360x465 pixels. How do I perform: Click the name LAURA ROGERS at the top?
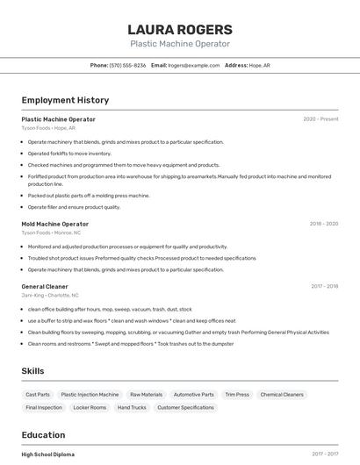click(180, 30)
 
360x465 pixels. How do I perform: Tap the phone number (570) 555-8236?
click(128, 65)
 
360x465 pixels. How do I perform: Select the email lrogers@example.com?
click(193, 65)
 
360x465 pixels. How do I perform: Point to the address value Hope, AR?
click(260, 65)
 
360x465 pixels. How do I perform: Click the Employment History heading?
click(65, 100)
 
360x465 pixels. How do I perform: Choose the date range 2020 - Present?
click(320, 119)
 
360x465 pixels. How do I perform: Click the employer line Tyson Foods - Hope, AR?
click(48, 128)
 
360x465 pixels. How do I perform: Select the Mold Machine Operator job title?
click(54, 224)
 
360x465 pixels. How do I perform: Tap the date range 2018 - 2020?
click(323, 224)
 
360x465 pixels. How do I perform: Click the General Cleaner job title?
click(44, 286)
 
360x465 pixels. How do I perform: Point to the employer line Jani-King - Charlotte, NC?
click(50, 296)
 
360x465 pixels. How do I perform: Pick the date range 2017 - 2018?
click(324, 286)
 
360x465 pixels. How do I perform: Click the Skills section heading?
click(32, 371)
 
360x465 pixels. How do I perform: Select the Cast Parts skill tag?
click(38, 395)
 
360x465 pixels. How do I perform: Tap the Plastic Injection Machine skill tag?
click(90, 395)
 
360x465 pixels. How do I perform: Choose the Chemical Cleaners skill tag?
click(282, 395)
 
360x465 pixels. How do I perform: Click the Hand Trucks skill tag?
click(132, 407)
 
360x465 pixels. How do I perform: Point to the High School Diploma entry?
click(48, 454)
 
